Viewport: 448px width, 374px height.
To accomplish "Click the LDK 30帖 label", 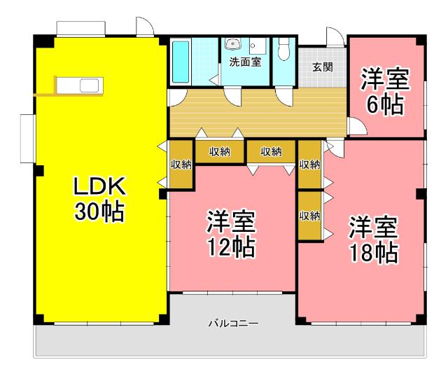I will (x=100, y=198).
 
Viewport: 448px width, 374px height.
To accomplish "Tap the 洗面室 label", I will (x=245, y=62).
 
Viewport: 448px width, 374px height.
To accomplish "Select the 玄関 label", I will (x=322, y=67).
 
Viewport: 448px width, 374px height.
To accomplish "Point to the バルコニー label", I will (x=233, y=324).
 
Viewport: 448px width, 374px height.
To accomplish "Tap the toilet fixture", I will (x=283, y=50).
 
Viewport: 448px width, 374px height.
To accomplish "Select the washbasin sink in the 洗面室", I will (x=232, y=43).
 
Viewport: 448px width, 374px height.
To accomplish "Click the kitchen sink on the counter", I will (x=90, y=85).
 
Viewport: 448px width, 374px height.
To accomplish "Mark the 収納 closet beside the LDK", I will (x=181, y=165).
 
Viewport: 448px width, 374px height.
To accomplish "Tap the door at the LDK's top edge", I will (x=144, y=27).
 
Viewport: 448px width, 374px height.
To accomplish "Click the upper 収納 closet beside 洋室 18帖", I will (x=309, y=165).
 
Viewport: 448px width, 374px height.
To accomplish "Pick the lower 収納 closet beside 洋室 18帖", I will (x=309, y=215).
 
